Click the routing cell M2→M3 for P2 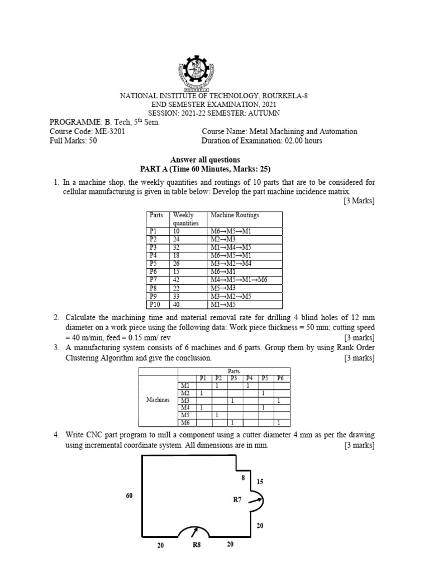click(222, 239)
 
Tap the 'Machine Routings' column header click(235, 215)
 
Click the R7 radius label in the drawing click(237, 500)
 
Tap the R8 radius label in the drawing click(197, 546)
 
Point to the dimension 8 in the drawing click(243, 478)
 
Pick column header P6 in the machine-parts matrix click(280, 378)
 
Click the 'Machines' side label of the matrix click(158, 400)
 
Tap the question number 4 click(56, 434)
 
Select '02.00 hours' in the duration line click(302, 141)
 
